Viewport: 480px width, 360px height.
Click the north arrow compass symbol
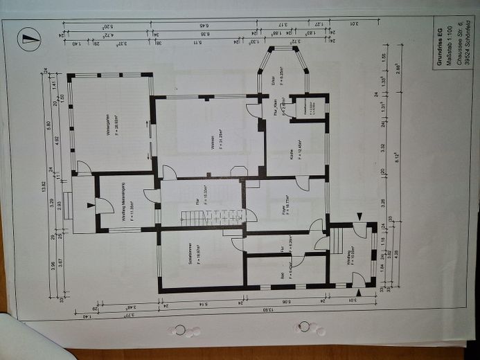[x=28, y=39]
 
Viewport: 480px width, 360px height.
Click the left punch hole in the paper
[x=179, y=330]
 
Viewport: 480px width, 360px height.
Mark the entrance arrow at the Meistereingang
[x=90, y=205]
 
